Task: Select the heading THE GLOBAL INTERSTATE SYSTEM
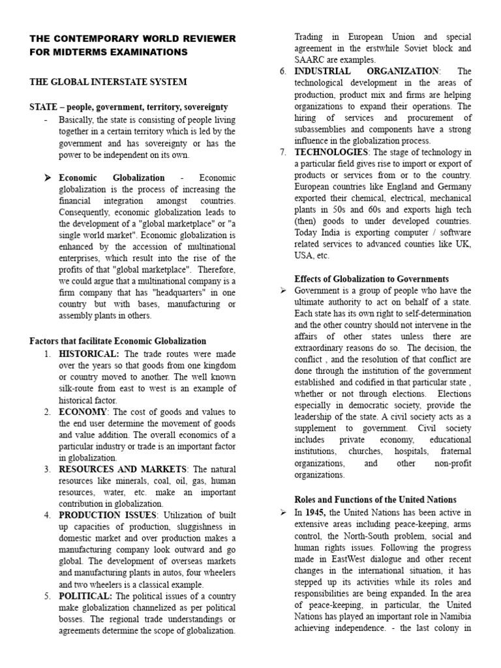(x=108, y=82)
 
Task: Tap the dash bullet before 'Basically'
(x=45, y=120)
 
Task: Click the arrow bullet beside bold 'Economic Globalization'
(x=47, y=178)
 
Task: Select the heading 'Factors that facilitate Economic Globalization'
(x=118, y=341)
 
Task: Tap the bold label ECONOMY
(x=83, y=412)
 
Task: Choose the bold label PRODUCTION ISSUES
(x=108, y=515)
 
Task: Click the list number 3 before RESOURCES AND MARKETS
(x=47, y=469)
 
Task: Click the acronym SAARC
(x=312, y=60)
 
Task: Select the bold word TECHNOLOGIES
(x=331, y=153)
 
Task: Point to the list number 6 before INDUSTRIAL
(x=282, y=71)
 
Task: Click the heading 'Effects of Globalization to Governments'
(x=372, y=279)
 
